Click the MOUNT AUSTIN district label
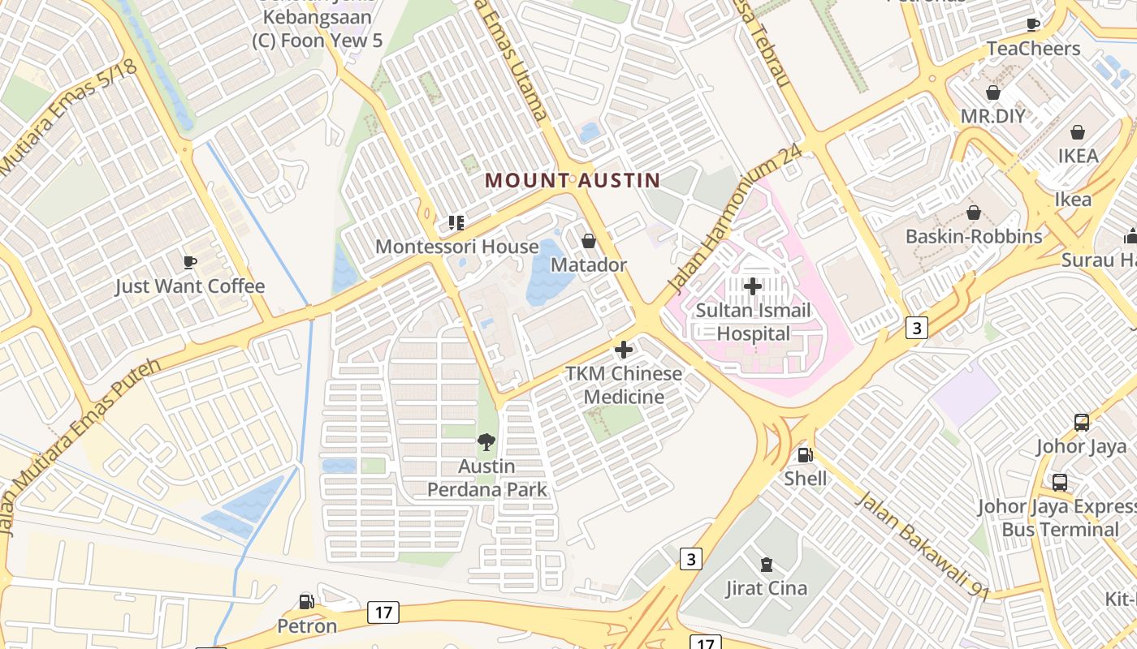(x=573, y=180)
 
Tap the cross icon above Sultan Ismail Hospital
(x=753, y=286)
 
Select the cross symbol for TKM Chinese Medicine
(x=624, y=350)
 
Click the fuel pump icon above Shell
(x=805, y=455)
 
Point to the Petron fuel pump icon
(x=306, y=602)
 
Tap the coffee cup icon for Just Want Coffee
(x=189, y=261)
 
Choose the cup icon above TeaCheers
(x=1033, y=24)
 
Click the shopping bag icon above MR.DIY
(x=992, y=92)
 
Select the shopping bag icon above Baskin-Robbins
(x=973, y=213)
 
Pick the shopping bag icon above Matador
(x=589, y=241)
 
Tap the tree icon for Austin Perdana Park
(x=486, y=442)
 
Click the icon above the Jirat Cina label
(x=766, y=564)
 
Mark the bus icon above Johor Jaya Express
(x=1059, y=483)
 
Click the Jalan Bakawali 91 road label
(x=923, y=546)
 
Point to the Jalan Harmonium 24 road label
(x=736, y=219)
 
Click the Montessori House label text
(x=457, y=247)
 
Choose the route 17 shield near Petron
(x=383, y=612)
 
